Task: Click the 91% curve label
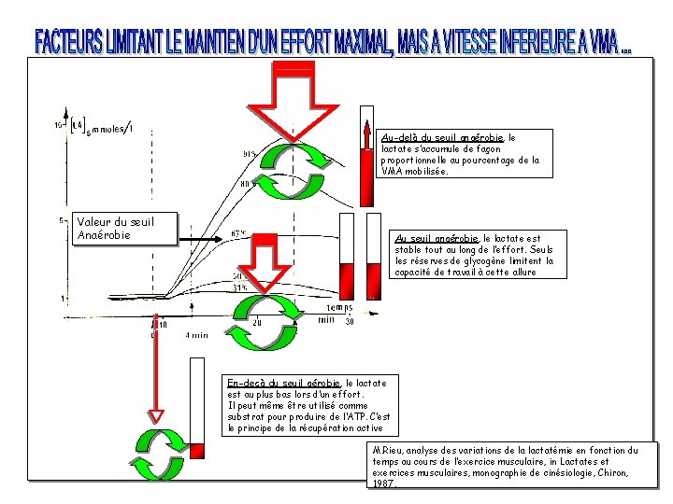pos(251,154)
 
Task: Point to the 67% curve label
pos(238,233)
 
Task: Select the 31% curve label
pos(240,287)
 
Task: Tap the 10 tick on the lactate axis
pos(59,124)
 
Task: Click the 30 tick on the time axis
pos(350,322)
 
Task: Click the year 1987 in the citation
pos(382,483)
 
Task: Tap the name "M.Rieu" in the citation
pos(386,450)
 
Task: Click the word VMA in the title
pos(594,42)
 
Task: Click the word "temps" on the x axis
pos(338,308)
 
